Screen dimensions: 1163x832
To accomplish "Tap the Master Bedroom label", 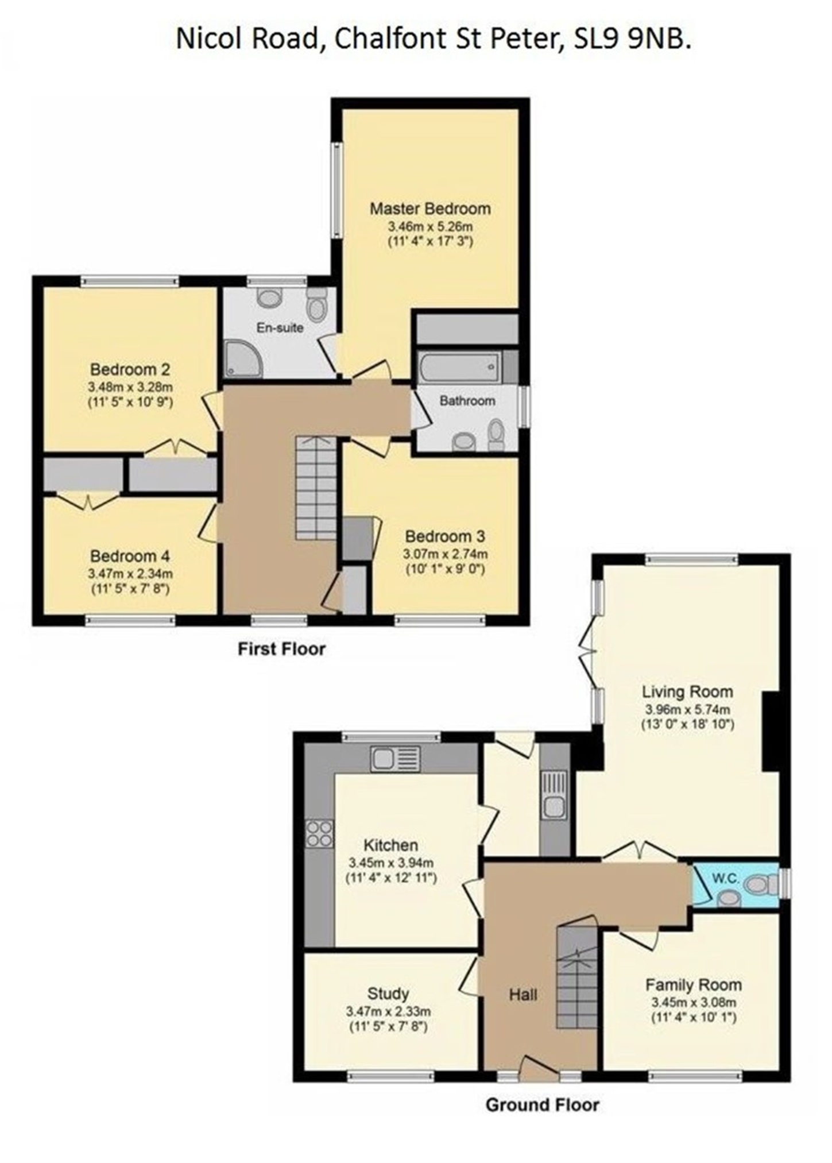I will [x=430, y=208].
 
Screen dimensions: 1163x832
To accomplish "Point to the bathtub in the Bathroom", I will [x=459, y=366].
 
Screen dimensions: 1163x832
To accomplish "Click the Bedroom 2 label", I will [x=130, y=369].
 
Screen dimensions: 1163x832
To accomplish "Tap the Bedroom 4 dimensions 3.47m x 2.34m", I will [x=130, y=573].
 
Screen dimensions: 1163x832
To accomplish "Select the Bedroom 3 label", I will [x=445, y=536].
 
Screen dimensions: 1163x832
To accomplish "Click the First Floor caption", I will [x=281, y=649].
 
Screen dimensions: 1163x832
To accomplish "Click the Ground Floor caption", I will [x=542, y=1104].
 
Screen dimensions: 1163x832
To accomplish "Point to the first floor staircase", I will [x=316, y=487].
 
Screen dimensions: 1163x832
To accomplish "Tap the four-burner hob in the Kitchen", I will [x=319, y=833].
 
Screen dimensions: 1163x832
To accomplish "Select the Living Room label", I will [x=687, y=691].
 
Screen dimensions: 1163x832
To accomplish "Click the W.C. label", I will [x=725, y=878].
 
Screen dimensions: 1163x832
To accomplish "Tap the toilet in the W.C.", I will [x=760, y=885].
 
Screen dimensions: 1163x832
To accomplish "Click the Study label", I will [x=388, y=994].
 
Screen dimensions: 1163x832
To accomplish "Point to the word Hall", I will [x=523, y=995].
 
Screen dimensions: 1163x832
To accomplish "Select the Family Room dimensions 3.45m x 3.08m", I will [x=694, y=1003].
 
